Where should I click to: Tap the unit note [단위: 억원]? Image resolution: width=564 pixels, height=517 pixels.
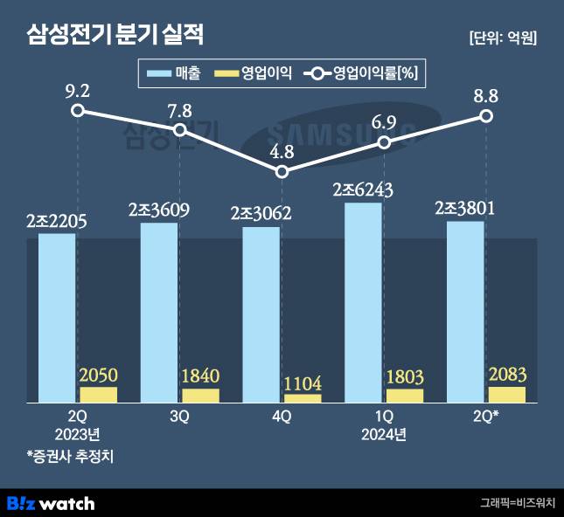(x=502, y=38)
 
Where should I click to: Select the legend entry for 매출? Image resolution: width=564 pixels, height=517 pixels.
(x=176, y=74)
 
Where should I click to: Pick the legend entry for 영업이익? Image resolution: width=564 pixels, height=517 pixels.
(x=254, y=74)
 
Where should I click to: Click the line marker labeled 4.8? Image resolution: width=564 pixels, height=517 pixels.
(x=282, y=172)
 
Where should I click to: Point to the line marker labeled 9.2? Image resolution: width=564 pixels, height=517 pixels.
(x=78, y=110)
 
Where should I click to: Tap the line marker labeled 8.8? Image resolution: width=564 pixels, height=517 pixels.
(x=486, y=115)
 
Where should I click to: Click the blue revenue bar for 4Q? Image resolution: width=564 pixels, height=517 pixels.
(x=261, y=314)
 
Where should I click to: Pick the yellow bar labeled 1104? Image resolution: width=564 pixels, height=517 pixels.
(x=303, y=398)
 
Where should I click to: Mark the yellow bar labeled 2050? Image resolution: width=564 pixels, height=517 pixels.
(x=98, y=395)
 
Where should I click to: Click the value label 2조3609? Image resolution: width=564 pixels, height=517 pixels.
(x=159, y=210)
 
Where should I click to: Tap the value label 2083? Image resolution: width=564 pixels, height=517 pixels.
(x=506, y=376)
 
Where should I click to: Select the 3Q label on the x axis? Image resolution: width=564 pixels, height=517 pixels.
(x=179, y=417)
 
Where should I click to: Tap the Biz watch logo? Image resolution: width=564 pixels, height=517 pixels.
(x=50, y=503)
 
